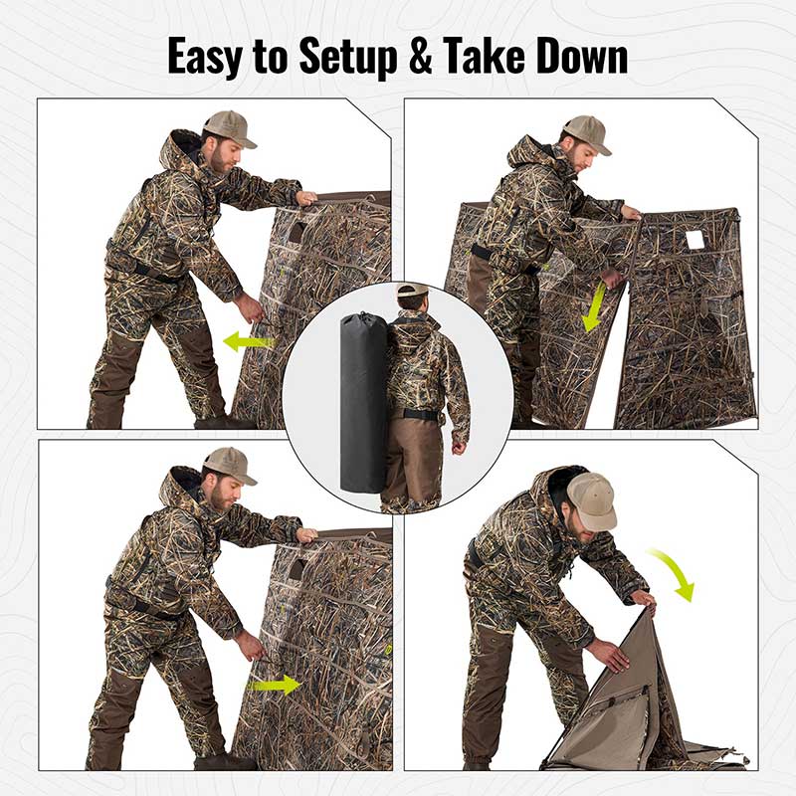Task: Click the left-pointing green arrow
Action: click(x=247, y=342)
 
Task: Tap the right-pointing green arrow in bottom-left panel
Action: click(x=275, y=685)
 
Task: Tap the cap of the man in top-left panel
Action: click(x=228, y=127)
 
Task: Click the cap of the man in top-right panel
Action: click(x=586, y=132)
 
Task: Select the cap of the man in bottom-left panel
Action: click(x=228, y=464)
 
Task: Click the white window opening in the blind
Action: click(x=695, y=240)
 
